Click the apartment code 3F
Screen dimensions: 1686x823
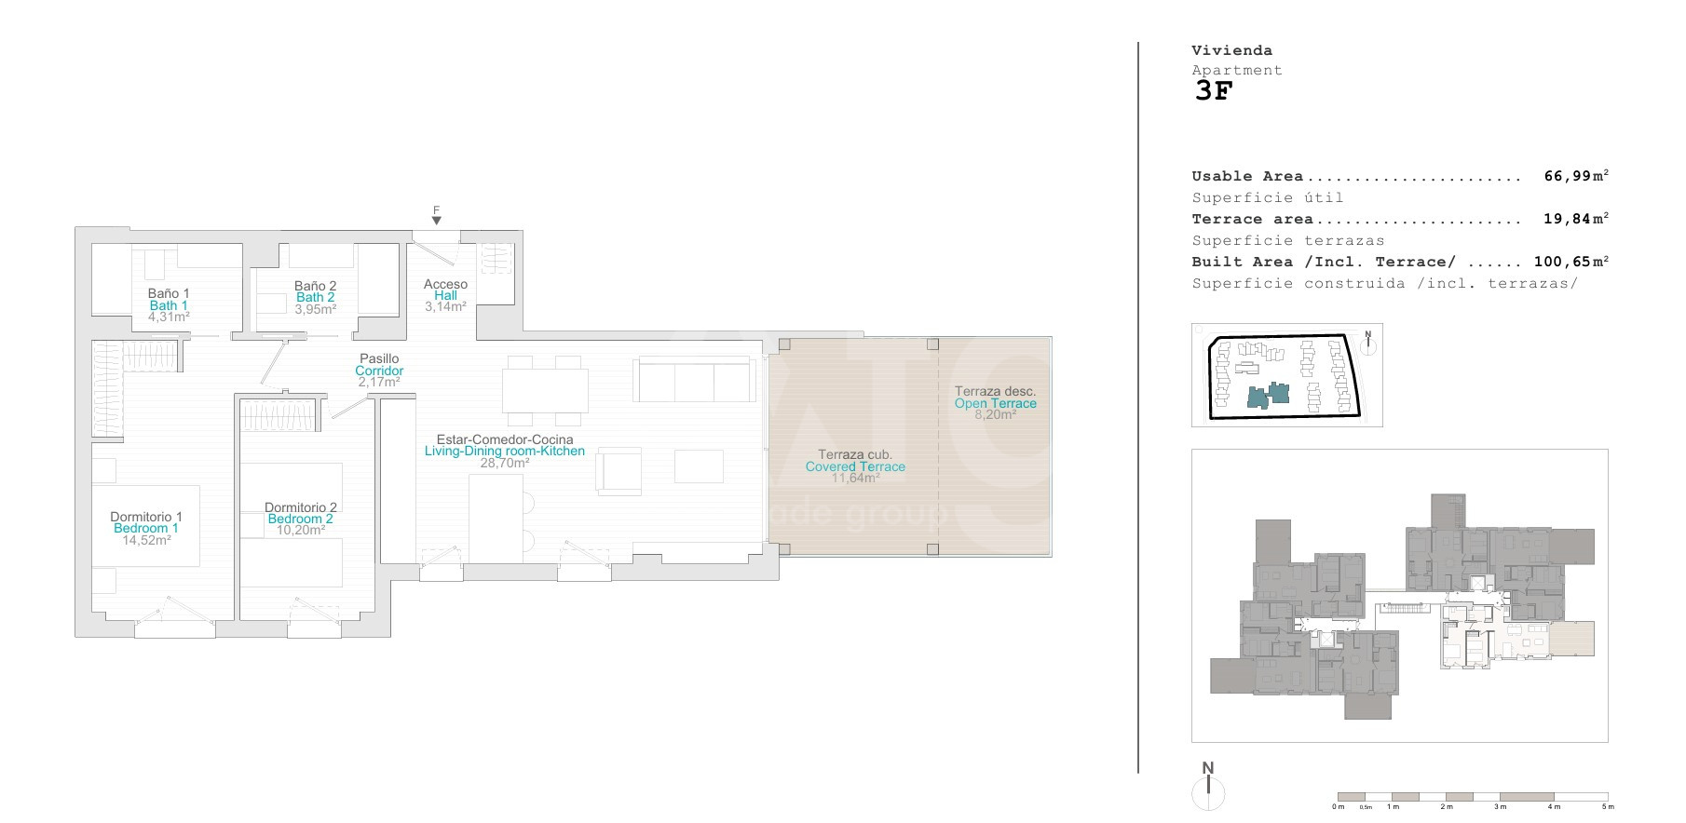pyautogui.click(x=1213, y=91)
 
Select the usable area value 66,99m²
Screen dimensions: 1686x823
pyautogui.click(x=1576, y=176)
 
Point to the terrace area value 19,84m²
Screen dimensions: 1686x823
pyautogui.click(x=1576, y=219)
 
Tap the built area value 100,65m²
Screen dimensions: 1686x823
pyautogui.click(x=1571, y=262)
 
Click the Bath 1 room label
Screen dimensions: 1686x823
pyautogui.click(x=169, y=305)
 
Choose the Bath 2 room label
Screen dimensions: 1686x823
pyautogui.click(x=315, y=298)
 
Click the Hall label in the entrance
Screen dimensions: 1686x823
pyautogui.click(x=445, y=296)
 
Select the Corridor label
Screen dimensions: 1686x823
pyautogui.click(x=379, y=371)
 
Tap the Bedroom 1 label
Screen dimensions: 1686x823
pyautogui.click(x=146, y=528)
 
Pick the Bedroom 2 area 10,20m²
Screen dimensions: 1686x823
pyautogui.click(x=301, y=531)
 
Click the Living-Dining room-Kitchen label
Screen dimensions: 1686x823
pyautogui.click(x=505, y=452)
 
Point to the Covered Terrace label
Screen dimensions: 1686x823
pyautogui.click(x=855, y=466)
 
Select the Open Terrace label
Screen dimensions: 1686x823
pyautogui.click(x=995, y=403)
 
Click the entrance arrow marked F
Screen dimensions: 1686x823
pyautogui.click(x=436, y=221)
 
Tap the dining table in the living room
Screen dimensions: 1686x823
pyautogui.click(x=545, y=391)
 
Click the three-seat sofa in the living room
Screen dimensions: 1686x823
pyautogui.click(x=693, y=380)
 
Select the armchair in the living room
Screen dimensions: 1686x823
pyautogui.click(x=619, y=470)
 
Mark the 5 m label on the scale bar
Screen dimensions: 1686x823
pyautogui.click(x=1608, y=806)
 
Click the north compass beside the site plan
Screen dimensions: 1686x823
pyautogui.click(x=1367, y=344)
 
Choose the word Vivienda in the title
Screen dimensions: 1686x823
pyautogui.click(x=1231, y=50)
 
